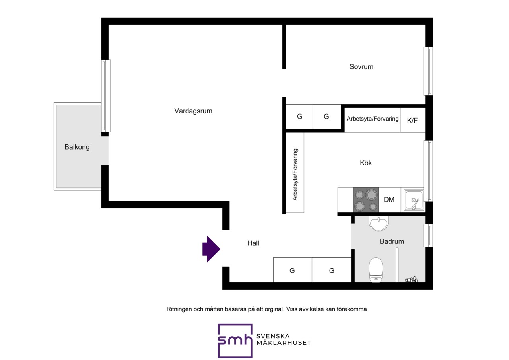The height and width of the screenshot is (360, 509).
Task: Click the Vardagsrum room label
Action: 193,111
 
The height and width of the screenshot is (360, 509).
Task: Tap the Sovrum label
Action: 361,67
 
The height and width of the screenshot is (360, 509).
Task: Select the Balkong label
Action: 77,147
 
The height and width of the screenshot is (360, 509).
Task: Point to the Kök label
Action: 366,163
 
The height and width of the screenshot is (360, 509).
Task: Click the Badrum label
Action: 392,241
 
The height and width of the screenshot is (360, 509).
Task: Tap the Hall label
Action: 253,243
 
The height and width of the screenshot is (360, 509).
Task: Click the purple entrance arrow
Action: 211,249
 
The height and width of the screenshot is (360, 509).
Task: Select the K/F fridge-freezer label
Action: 412,120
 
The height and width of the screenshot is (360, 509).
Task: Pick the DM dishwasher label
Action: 389,200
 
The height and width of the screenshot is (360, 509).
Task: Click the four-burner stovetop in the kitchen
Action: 366,200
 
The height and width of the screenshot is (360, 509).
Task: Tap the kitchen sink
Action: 413,200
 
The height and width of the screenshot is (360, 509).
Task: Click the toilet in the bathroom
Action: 376,270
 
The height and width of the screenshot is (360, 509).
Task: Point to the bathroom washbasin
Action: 379,224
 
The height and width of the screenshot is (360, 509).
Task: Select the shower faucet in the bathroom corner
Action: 412,280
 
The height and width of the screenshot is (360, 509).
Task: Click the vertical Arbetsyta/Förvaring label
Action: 295,175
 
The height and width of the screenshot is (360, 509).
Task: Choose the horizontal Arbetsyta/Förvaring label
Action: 373,119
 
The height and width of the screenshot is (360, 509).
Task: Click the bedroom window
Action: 428,71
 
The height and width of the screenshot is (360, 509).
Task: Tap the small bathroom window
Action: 428,235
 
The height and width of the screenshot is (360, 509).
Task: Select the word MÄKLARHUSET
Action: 284,343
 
